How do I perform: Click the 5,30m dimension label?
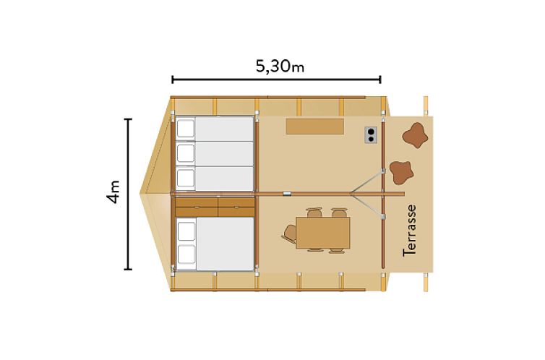point(280,66)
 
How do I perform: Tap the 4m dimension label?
point(113,192)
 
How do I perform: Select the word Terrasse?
point(409,231)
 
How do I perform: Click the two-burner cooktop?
point(371,135)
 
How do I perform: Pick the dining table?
point(322,233)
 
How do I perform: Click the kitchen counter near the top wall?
point(315,126)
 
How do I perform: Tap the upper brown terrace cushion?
point(415,135)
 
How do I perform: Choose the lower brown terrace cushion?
point(401,172)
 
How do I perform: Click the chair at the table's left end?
point(289,233)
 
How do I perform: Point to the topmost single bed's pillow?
point(186,129)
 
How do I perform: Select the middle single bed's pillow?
point(186,153)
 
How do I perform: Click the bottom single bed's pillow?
point(186,179)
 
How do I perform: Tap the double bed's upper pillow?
point(186,231)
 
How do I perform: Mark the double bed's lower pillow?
point(186,254)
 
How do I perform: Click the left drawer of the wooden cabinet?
point(197,207)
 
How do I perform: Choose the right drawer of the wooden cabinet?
point(236,207)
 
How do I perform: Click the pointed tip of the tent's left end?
point(140,193)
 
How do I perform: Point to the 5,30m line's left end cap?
point(173,80)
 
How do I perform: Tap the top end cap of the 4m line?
point(128,119)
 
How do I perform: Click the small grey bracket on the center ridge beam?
point(287,194)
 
